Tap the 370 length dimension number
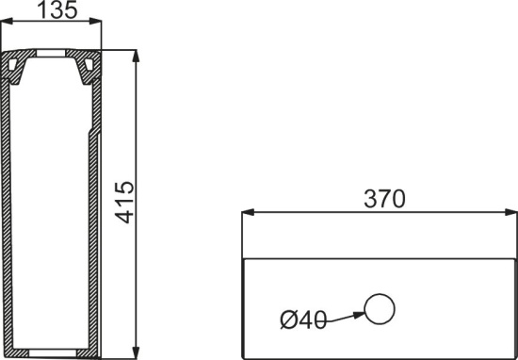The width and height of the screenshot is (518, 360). [x=384, y=200]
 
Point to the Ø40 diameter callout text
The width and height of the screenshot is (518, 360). [x=303, y=319]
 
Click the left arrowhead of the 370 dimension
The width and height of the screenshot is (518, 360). [x=247, y=214]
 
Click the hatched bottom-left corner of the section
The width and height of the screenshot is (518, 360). [x=12, y=352]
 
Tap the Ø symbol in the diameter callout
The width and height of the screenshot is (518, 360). [x=287, y=319]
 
